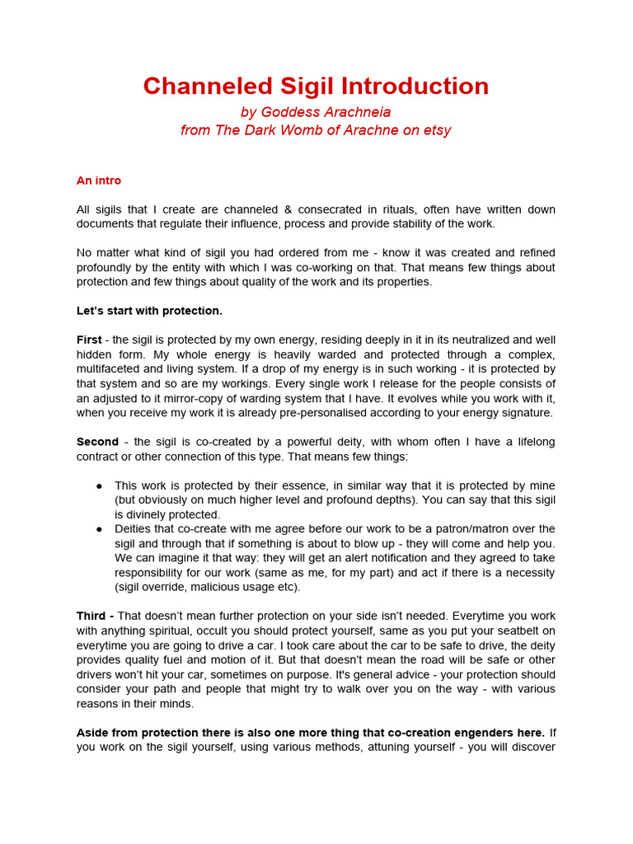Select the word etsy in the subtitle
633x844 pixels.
click(434, 130)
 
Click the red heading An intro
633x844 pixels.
click(99, 181)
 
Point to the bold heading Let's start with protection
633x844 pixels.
click(149, 311)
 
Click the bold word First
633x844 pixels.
click(89, 340)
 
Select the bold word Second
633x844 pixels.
click(97, 442)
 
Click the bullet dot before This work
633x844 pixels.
click(99, 485)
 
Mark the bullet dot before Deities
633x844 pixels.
click(99, 528)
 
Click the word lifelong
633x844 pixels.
click(531, 442)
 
